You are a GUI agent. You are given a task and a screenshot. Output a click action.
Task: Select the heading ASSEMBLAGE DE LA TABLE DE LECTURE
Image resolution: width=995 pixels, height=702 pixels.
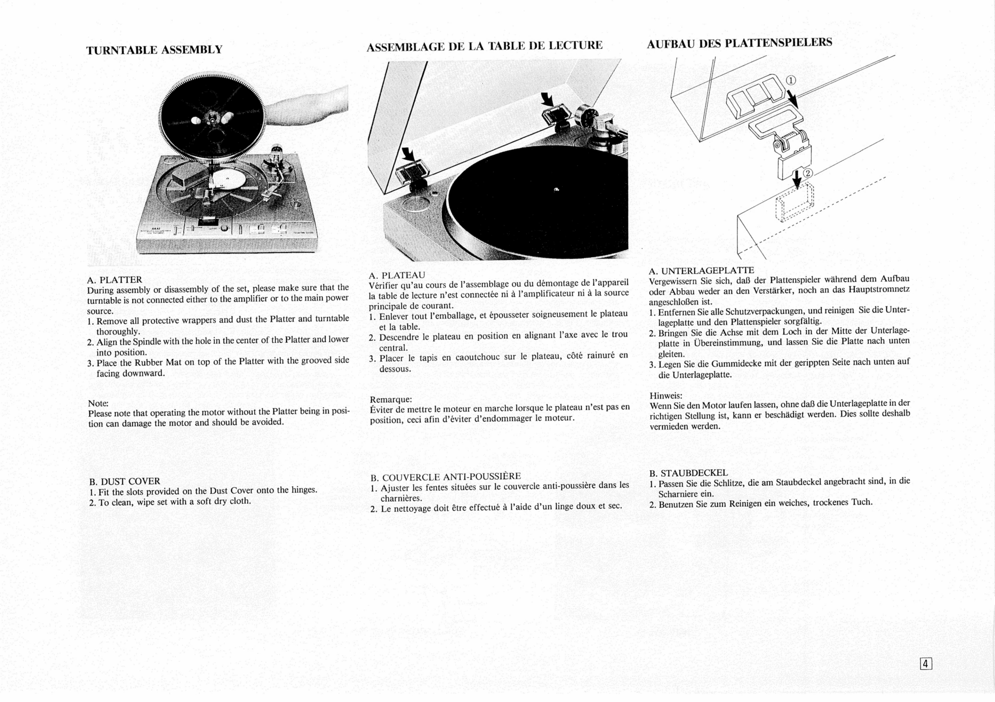[484, 45]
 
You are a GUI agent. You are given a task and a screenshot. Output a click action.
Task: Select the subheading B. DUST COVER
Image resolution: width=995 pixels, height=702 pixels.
[125, 481]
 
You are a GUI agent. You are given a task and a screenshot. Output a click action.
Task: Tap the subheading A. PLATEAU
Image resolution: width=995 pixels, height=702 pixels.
[397, 275]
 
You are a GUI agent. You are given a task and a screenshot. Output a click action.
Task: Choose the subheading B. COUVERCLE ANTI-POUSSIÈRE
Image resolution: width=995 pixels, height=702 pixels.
[445, 477]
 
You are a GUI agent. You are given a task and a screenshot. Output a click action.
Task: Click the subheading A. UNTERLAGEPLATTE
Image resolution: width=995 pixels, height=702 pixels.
[701, 271]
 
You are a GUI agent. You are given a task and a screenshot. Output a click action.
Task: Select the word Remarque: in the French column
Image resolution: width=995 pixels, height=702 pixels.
[390, 399]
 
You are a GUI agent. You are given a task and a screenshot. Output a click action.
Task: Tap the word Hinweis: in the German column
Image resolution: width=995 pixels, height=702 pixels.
[666, 396]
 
